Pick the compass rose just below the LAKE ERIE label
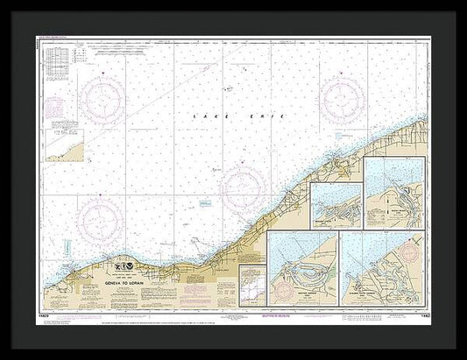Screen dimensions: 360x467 (x=243, y=187)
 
